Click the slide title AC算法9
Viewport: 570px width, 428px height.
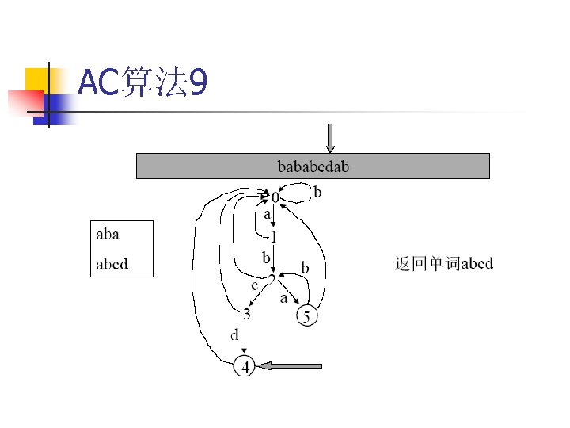tap(143, 83)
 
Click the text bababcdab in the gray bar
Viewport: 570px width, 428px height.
tap(313, 166)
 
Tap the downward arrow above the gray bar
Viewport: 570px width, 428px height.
tap(331, 138)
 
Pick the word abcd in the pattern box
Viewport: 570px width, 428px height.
tap(112, 264)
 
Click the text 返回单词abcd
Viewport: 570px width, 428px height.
tap(443, 263)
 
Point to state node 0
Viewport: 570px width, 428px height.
tap(275, 196)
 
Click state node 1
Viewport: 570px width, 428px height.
tap(273, 236)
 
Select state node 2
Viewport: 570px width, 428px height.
tap(272, 281)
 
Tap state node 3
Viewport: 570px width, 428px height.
tap(247, 315)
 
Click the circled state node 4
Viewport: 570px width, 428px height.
tap(245, 367)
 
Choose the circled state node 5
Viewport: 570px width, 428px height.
tap(307, 317)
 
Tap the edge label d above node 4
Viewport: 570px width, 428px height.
tap(234, 335)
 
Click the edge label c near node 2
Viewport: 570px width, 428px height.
tap(255, 284)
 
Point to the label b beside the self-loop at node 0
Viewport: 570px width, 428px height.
tap(317, 192)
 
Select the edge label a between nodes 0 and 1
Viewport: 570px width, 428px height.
tap(268, 214)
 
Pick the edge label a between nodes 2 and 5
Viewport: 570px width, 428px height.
tap(283, 299)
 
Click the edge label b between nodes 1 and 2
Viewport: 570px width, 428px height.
tap(267, 258)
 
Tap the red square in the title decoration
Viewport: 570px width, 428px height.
tap(25, 102)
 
